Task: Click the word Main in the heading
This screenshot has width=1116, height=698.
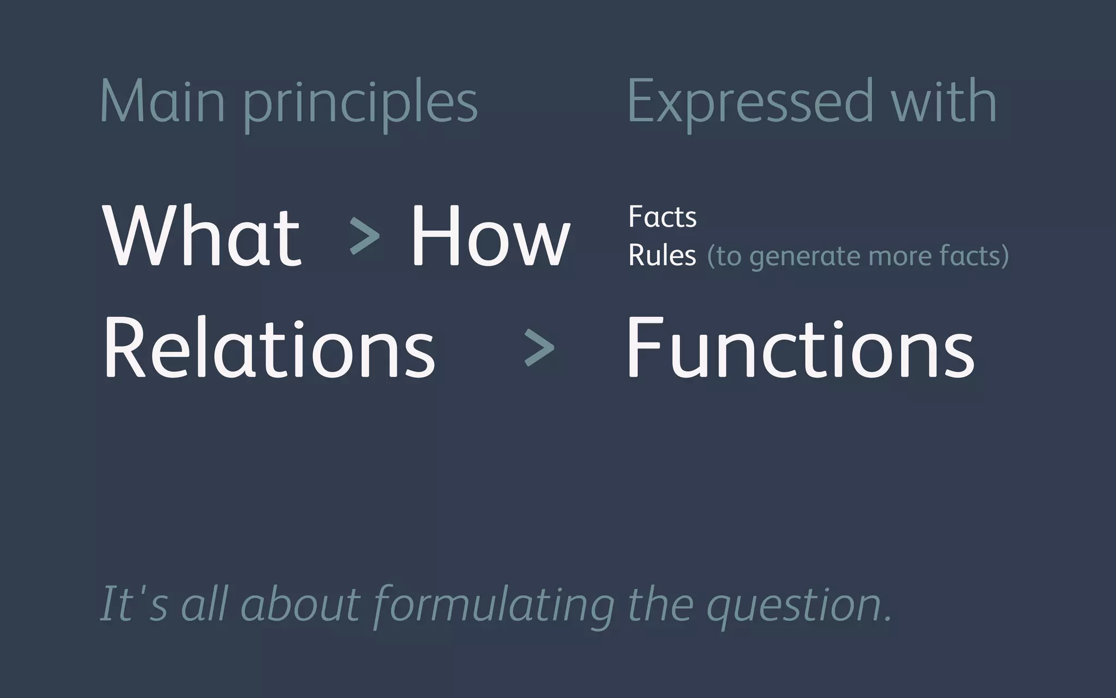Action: click(x=162, y=101)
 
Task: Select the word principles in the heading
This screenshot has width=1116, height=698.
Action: click(x=360, y=104)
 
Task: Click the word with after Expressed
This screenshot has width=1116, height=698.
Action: click(x=944, y=101)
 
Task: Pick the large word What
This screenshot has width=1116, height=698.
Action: click(x=202, y=236)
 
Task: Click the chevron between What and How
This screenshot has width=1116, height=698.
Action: click(x=364, y=236)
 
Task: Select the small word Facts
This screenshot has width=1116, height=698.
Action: click(x=662, y=217)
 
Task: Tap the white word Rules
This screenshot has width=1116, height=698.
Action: click(x=662, y=255)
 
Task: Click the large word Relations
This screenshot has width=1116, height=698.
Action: click(x=269, y=348)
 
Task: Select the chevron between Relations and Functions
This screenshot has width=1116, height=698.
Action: click(x=538, y=347)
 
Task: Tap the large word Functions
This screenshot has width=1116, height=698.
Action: click(x=800, y=348)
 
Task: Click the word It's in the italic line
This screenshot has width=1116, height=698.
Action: click(x=134, y=604)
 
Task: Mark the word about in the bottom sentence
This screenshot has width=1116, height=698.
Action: click(x=300, y=604)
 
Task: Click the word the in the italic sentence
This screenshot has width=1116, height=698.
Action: click(x=660, y=604)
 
